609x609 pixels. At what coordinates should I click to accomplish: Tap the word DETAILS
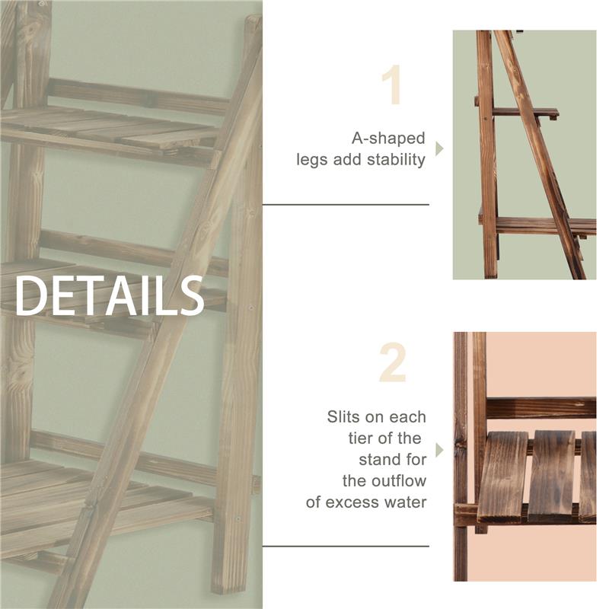[110, 295]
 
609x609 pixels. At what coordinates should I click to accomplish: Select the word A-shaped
[388, 139]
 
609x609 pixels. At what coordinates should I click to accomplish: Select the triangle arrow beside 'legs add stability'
[438, 148]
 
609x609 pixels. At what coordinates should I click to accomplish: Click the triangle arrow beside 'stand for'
[438, 451]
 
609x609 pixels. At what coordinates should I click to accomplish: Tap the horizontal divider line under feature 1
[346, 204]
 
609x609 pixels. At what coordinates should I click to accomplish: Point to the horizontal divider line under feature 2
[346, 546]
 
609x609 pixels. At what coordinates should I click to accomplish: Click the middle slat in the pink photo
[552, 476]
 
